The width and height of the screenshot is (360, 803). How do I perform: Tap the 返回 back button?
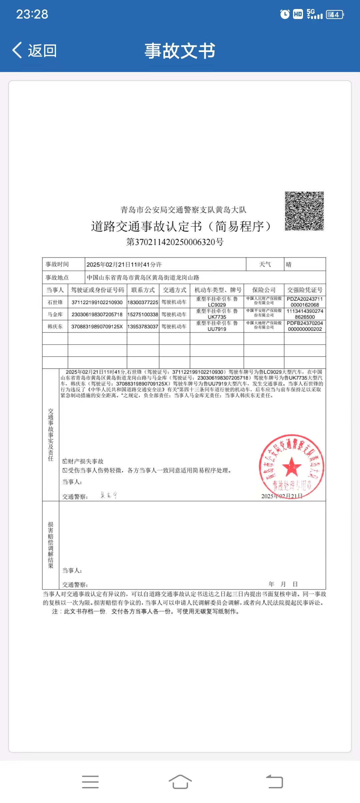click(35, 51)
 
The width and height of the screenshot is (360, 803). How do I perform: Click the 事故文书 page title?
click(180, 51)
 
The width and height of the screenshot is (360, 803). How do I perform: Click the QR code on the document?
click(304, 211)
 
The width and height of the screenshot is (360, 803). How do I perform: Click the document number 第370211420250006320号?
click(175, 242)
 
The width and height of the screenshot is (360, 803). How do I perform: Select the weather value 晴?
click(289, 264)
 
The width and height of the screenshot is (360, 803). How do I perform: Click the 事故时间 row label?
click(57, 264)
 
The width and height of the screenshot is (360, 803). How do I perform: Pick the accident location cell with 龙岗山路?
click(143, 277)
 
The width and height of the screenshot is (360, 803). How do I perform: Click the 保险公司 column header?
click(264, 290)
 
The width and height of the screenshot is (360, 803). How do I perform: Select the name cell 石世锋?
click(55, 302)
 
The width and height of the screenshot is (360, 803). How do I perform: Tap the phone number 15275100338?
click(143, 314)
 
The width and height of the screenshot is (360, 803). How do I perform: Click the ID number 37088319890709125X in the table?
click(97, 326)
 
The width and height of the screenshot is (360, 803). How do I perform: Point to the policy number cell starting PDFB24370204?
click(305, 326)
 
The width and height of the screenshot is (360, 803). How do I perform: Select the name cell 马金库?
click(55, 314)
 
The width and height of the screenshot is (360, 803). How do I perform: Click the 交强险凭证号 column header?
click(305, 290)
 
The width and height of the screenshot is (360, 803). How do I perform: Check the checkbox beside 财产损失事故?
click(65, 461)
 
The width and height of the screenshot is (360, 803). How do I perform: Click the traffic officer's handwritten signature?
click(109, 495)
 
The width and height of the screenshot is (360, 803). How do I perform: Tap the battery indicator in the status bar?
click(335, 15)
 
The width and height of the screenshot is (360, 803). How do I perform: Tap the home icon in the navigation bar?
click(180, 782)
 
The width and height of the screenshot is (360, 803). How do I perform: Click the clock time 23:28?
click(32, 14)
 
